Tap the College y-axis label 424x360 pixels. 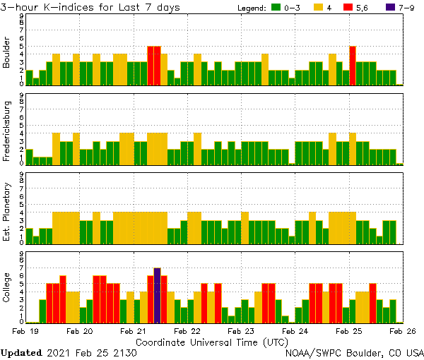7,288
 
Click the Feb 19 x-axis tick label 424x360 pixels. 25,330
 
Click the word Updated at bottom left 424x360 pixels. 22,352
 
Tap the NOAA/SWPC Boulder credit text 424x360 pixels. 354,352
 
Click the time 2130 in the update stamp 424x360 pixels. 124,352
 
